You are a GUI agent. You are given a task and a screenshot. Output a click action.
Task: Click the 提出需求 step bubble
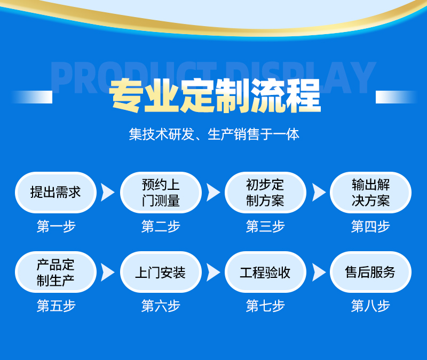tap(56, 193)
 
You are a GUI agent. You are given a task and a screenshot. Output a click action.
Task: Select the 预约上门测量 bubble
tap(161, 193)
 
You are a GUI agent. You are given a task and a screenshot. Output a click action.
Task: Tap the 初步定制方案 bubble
tap(265, 193)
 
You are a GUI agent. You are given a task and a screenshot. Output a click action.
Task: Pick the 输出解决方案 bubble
tap(370, 193)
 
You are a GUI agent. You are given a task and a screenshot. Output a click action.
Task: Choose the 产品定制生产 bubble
tap(56, 272)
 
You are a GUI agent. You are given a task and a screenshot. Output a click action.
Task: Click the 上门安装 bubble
tap(161, 272)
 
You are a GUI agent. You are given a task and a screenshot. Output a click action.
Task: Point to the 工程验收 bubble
tap(265, 272)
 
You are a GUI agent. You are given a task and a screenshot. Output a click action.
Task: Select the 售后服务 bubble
tap(370, 272)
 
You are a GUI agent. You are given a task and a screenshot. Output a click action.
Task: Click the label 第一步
tap(56, 226)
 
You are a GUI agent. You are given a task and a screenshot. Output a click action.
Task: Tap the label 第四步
tap(370, 226)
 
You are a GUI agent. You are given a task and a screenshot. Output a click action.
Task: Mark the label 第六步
tap(161, 306)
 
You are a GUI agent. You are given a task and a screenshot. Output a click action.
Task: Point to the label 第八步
tap(370, 306)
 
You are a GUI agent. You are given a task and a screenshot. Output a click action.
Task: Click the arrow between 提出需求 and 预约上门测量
tap(107, 193)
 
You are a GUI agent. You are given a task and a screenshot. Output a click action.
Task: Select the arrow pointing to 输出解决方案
tap(318, 193)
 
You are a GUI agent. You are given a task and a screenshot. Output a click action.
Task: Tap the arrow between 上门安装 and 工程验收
tap(212, 272)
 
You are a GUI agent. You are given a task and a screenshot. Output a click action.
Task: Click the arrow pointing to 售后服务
tap(318, 272)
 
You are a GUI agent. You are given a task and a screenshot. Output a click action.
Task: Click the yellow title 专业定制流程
tap(215, 96)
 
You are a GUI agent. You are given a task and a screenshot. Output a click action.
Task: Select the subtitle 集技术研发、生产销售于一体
tap(214, 134)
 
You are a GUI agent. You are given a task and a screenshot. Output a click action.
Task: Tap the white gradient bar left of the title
tap(31, 97)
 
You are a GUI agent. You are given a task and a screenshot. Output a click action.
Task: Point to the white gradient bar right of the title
tap(396, 97)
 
